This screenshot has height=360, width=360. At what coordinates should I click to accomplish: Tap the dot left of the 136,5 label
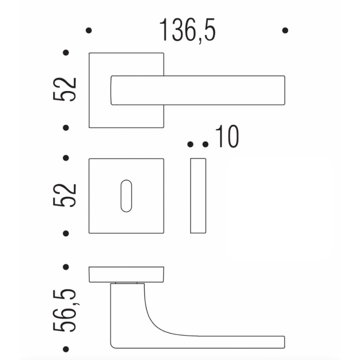89,30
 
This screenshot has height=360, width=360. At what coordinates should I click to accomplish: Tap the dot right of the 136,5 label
286,30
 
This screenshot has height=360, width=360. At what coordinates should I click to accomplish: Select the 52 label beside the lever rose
66,89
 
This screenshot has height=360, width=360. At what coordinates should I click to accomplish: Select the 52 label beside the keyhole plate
66,195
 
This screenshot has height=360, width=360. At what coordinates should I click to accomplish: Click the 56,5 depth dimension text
66,310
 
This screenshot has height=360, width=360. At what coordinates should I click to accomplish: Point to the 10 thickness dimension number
227,137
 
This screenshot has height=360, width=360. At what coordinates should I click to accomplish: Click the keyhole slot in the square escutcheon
126,196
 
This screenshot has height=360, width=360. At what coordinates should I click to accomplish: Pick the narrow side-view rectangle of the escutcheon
198,195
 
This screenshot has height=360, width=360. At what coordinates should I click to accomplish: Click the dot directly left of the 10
206,144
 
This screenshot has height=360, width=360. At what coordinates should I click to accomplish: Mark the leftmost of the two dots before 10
191,144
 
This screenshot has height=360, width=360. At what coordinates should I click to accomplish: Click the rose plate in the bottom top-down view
126,275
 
